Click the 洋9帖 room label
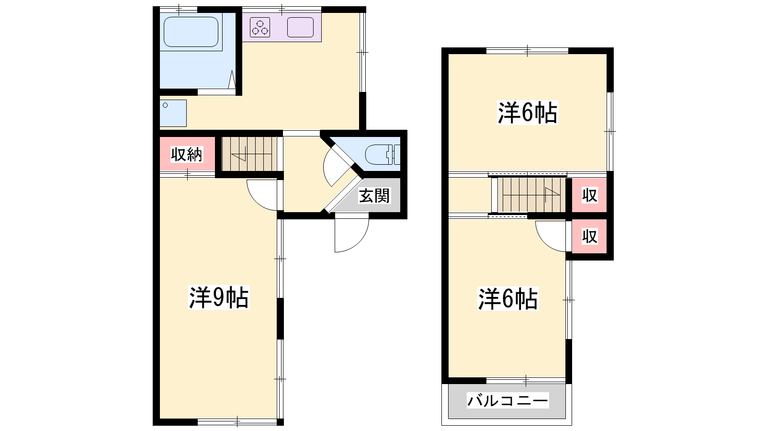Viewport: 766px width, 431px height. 219,297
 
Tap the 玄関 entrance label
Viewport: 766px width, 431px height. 374,196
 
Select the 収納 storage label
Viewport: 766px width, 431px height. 187,155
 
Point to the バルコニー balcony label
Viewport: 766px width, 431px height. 508,400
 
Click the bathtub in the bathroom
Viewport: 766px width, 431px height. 191,32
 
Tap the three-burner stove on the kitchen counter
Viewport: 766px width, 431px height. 260,28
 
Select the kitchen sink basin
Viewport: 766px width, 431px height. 300,27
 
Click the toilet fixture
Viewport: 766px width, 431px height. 383,155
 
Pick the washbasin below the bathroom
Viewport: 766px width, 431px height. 173,113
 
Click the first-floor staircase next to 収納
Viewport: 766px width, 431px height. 249,154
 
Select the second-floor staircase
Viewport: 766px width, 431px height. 529,195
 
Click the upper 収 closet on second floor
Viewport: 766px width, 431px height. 589,195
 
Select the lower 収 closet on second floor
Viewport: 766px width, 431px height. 589,237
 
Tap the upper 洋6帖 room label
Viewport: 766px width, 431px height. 528,113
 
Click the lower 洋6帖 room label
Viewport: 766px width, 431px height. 508,299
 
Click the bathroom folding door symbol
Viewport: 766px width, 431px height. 232,79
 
